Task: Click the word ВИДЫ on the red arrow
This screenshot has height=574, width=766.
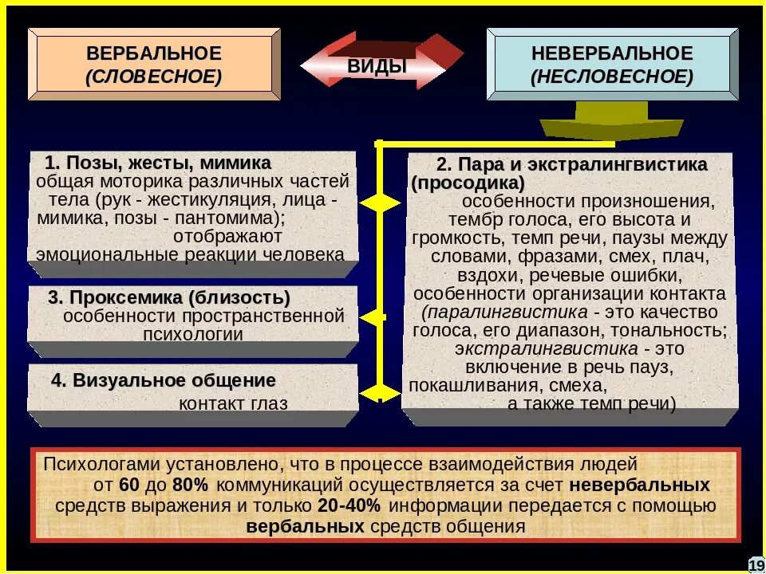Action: pos(377,66)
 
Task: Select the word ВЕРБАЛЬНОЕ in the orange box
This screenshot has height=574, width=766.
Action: pos(154,54)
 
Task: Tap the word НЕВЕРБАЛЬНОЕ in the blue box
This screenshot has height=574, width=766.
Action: pos(613,54)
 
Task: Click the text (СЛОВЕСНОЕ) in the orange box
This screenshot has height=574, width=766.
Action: pos(154,77)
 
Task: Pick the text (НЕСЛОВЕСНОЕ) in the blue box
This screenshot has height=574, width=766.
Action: pos(613,77)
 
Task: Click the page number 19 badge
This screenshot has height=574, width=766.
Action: pos(756,564)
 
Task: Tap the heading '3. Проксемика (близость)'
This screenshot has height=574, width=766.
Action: pos(169,297)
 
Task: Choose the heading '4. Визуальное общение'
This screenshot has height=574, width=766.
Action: pos(164,380)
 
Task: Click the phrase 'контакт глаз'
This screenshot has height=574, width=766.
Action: pos(233,403)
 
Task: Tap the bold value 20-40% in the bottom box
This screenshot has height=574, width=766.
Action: pos(349,505)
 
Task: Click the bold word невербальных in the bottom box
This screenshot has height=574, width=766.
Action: pos(640,485)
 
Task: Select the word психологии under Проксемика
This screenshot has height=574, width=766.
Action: pos(192,334)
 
